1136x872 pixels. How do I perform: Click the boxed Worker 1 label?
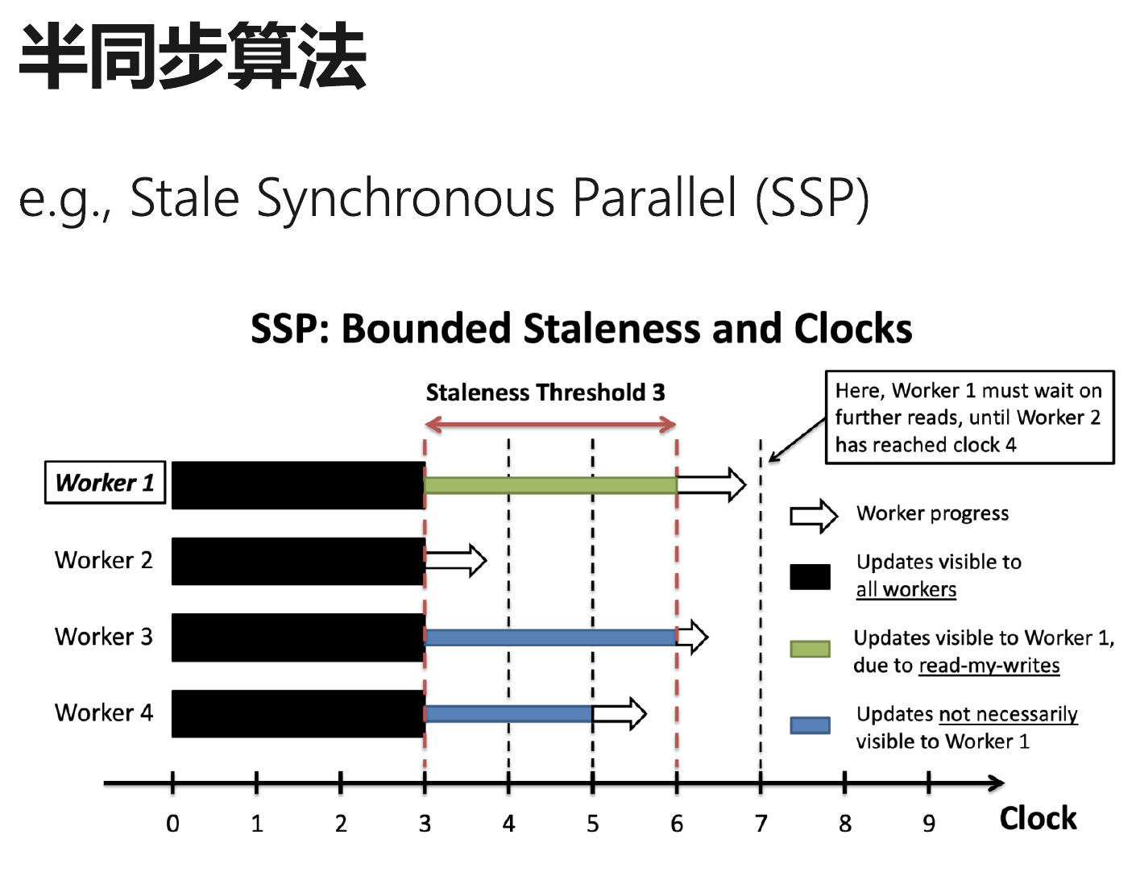tap(105, 482)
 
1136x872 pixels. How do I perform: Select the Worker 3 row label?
tap(103, 636)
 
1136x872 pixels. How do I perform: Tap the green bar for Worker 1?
tap(550, 485)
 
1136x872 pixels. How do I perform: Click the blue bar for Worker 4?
tap(508, 713)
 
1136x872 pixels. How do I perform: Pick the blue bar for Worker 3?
tap(550, 637)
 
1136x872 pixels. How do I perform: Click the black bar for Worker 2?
tap(298, 561)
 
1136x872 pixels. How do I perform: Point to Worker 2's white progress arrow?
tap(456, 560)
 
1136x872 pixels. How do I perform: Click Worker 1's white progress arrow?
tap(711, 484)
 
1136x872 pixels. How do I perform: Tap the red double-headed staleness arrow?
tap(550, 425)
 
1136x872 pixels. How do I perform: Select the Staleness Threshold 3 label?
tap(545, 392)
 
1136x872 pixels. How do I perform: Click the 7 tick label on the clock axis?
tap(761, 824)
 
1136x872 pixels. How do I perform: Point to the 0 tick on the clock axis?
tap(172, 783)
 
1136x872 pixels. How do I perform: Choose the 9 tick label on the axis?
tap(928, 824)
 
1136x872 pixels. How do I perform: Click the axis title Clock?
tap(1038, 818)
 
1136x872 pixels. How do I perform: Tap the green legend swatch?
tap(810, 649)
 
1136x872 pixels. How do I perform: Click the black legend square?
tap(810, 576)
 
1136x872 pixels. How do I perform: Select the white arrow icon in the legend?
tap(814, 516)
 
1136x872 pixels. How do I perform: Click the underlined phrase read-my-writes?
tap(989, 666)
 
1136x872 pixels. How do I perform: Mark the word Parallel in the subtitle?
tap(654, 197)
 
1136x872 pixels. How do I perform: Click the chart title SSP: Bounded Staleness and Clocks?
tap(582, 328)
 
